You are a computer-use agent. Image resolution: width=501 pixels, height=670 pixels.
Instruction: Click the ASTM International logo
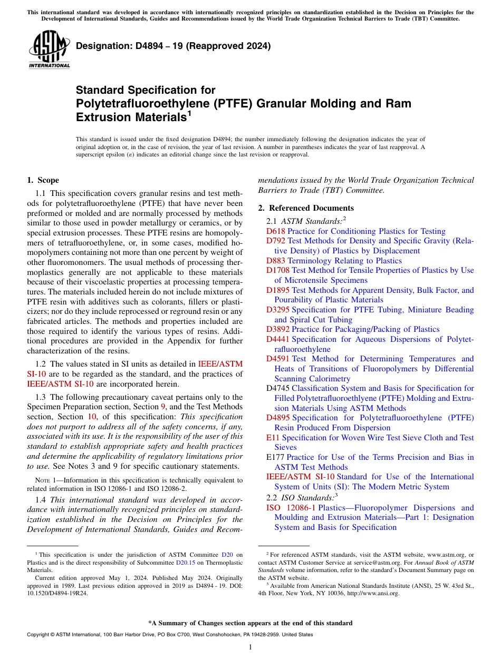49,50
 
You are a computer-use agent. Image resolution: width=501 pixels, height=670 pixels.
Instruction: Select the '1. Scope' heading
43,180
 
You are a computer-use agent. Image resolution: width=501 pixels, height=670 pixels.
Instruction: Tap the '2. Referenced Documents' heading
306,208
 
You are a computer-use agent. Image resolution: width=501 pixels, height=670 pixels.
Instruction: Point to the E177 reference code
275,457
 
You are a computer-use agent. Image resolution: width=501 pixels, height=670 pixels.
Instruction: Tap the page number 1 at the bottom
250,647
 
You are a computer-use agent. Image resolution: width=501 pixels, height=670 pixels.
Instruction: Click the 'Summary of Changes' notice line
250,623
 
